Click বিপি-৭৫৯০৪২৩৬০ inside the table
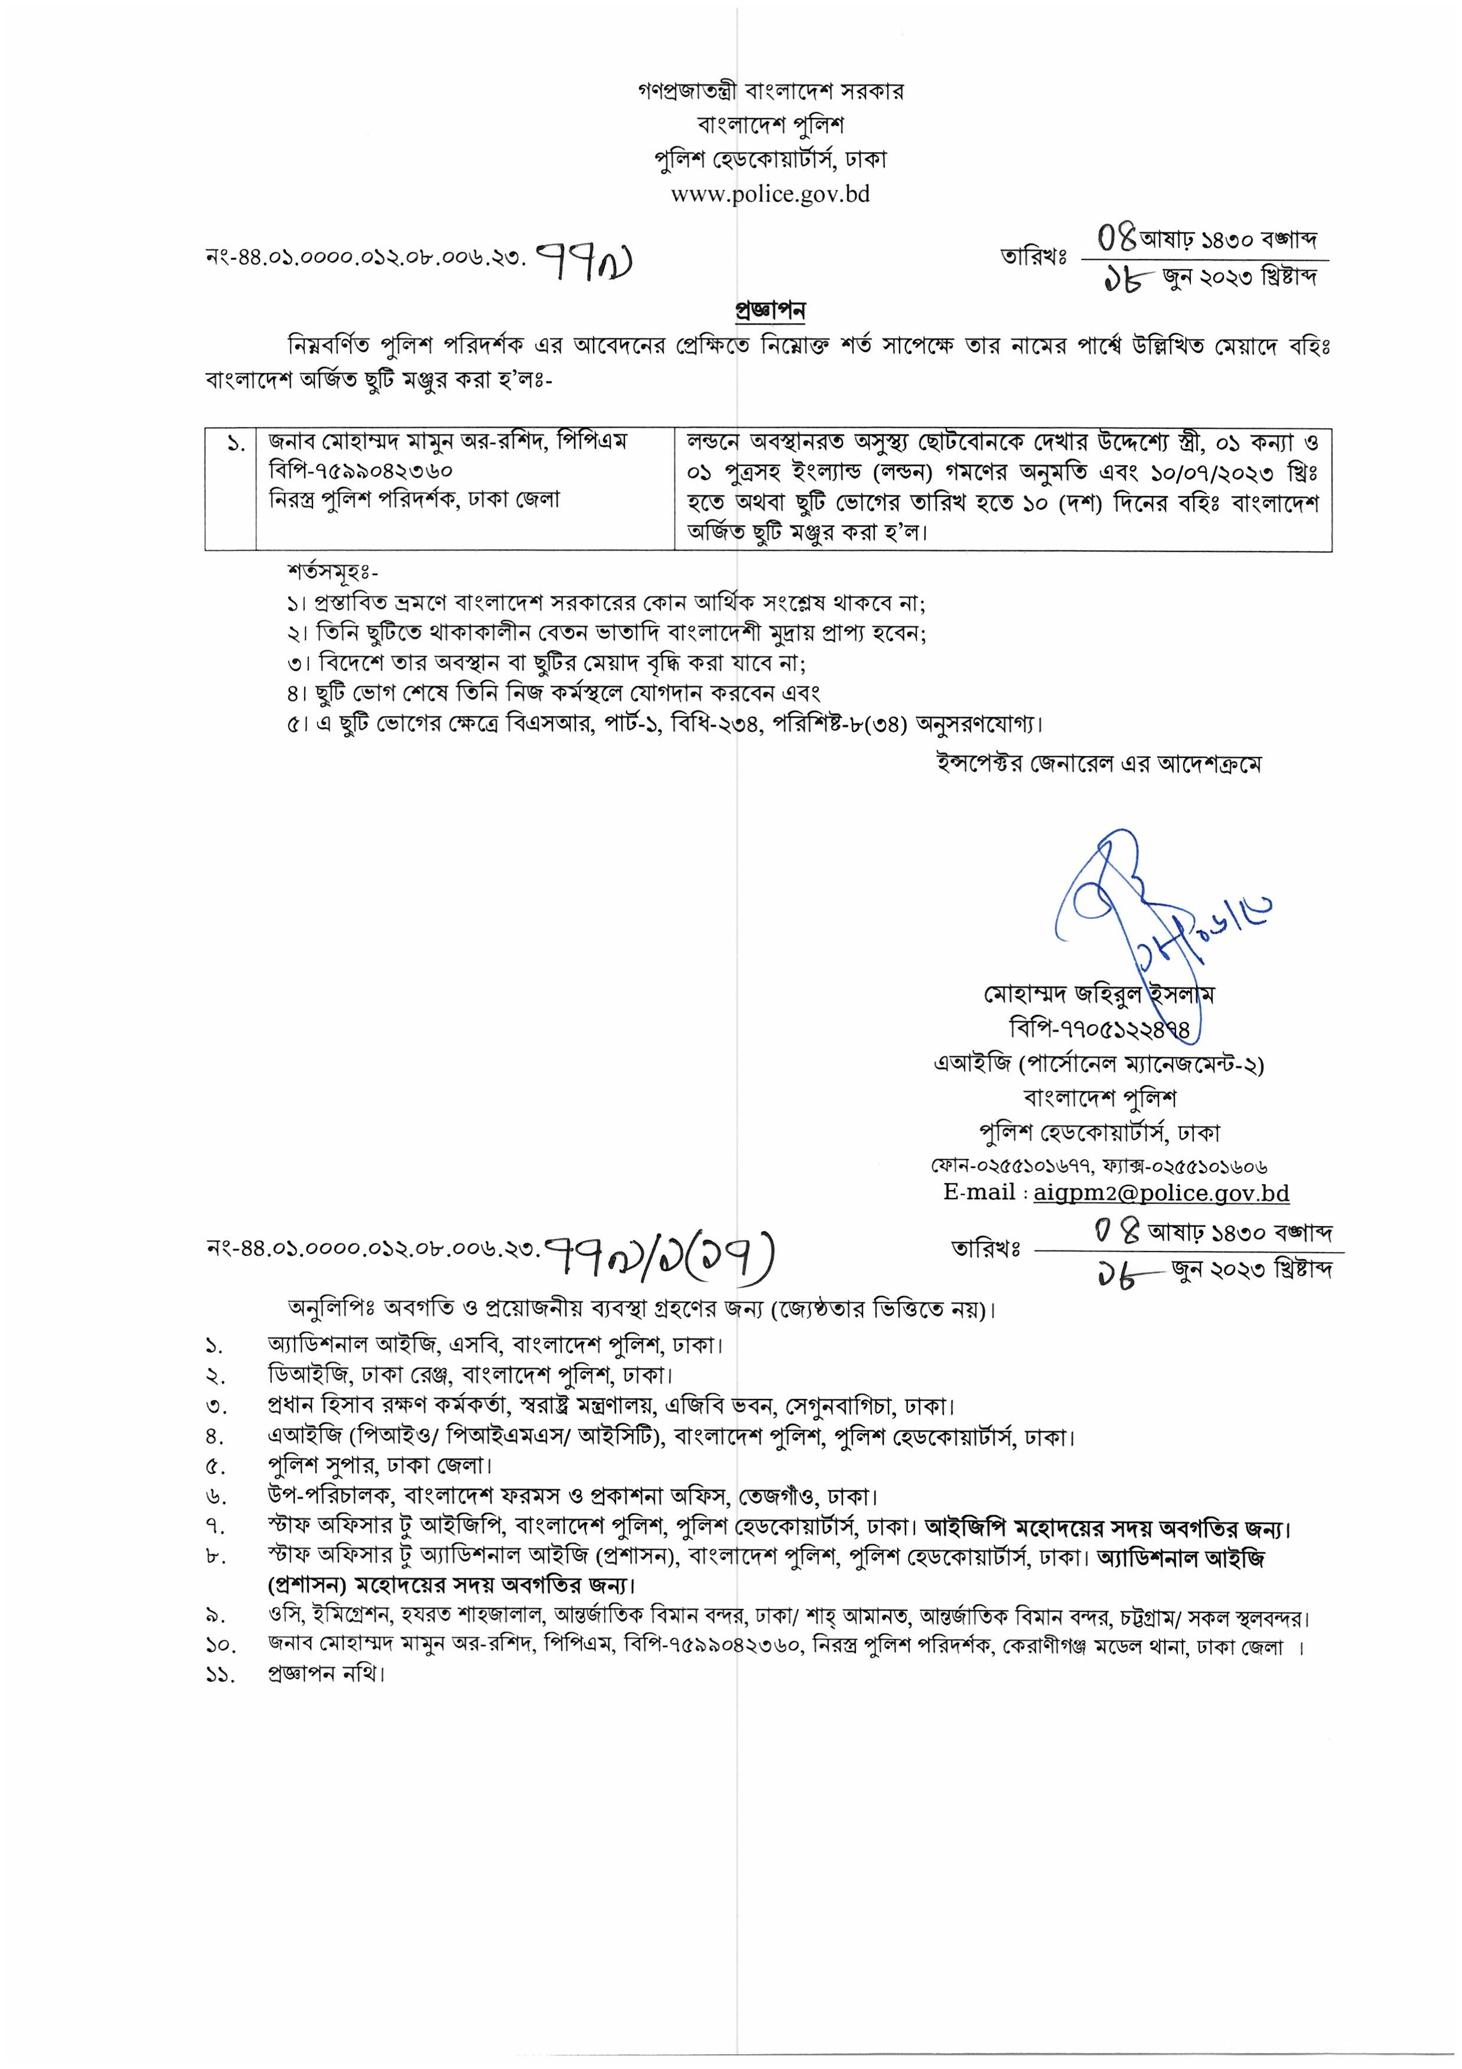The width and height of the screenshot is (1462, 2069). click(360, 471)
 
